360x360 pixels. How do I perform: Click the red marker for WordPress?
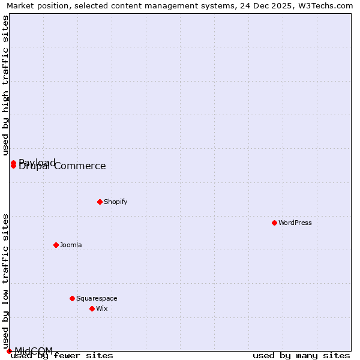(274, 223)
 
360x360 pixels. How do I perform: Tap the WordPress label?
(295, 223)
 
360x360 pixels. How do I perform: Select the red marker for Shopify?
(100, 202)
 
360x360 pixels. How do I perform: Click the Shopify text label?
(116, 202)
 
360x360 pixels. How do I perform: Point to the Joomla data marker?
(56, 245)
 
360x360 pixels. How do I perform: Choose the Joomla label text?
(71, 245)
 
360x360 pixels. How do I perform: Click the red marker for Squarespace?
(72, 298)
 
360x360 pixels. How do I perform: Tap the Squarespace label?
(97, 298)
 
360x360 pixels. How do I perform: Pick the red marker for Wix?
(92, 308)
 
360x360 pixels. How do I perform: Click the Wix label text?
(102, 308)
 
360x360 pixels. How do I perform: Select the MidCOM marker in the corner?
(9, 351)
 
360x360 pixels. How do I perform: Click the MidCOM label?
(34, 350)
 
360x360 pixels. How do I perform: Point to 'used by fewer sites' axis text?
(62, 356)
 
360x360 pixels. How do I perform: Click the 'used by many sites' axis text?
(301, 356)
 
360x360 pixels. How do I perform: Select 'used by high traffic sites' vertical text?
(5, 85)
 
